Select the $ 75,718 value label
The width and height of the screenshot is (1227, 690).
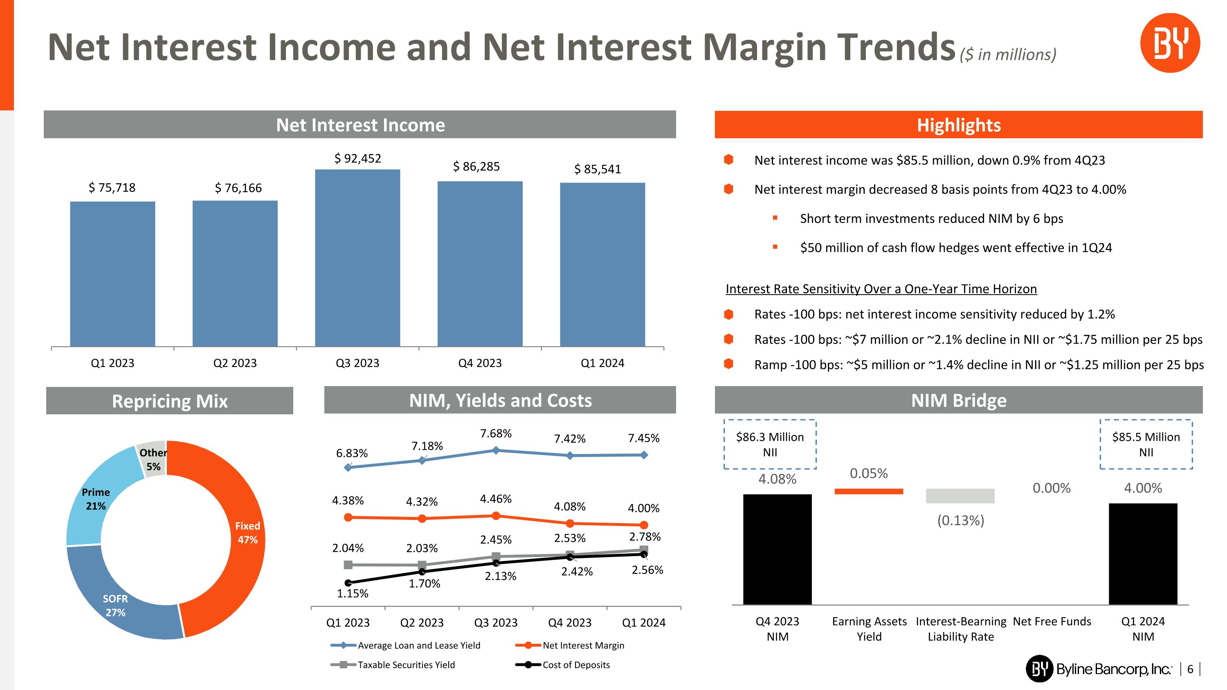112,188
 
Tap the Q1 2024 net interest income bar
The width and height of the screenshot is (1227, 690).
602,264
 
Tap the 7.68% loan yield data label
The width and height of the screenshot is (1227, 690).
495,433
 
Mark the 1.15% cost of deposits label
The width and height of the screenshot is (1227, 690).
353,593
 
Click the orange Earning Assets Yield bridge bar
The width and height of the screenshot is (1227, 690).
868,491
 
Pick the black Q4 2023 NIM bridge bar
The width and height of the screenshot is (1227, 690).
778,549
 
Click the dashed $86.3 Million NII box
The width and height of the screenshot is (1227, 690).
770,444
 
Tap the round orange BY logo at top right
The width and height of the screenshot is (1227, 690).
1170,43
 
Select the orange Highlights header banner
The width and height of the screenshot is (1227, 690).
958,125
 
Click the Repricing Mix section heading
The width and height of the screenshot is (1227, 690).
170,401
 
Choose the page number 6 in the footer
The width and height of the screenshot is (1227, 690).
1190,669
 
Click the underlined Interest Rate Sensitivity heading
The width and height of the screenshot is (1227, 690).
881,289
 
